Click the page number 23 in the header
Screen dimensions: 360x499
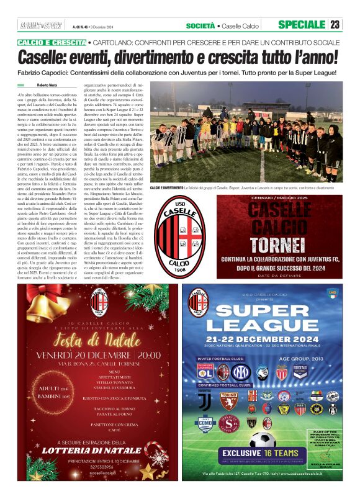[x=335, y=25]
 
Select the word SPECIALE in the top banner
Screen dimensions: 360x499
[x=302, y=25]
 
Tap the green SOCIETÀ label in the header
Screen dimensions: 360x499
[x=200, y=25]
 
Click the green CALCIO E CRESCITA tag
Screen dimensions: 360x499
[x=52, y=42]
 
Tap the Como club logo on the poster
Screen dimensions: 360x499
[x=205, y=424]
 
